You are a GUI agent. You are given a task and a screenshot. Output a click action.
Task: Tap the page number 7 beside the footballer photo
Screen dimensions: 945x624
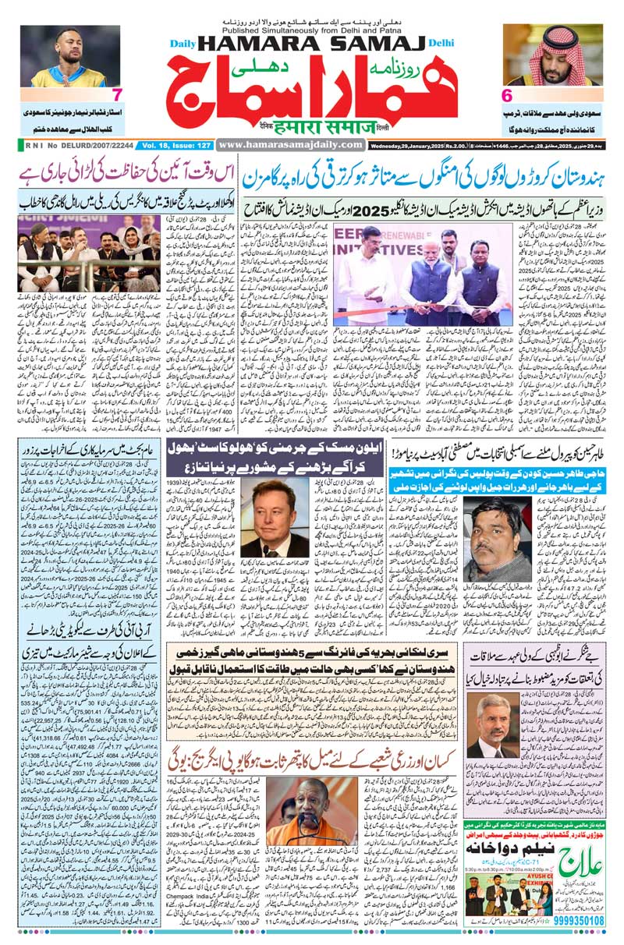(x=117, y=95)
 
